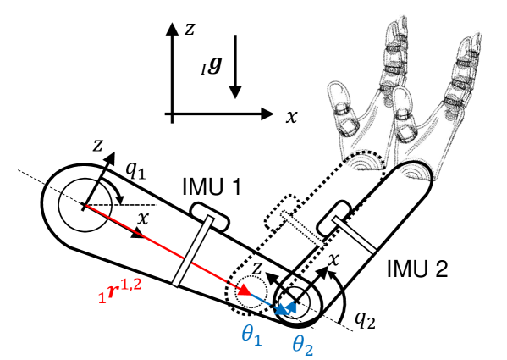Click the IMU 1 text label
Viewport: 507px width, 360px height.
coord(212,186)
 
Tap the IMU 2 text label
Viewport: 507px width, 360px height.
coord(417,269)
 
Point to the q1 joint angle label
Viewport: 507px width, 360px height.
coord(135,170)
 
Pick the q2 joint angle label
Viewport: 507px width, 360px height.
coord(366,320)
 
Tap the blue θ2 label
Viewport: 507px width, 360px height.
coord(303,345)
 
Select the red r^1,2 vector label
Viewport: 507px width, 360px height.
coord(120,291)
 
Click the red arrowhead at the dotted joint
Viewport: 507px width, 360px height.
coord(245,290)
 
